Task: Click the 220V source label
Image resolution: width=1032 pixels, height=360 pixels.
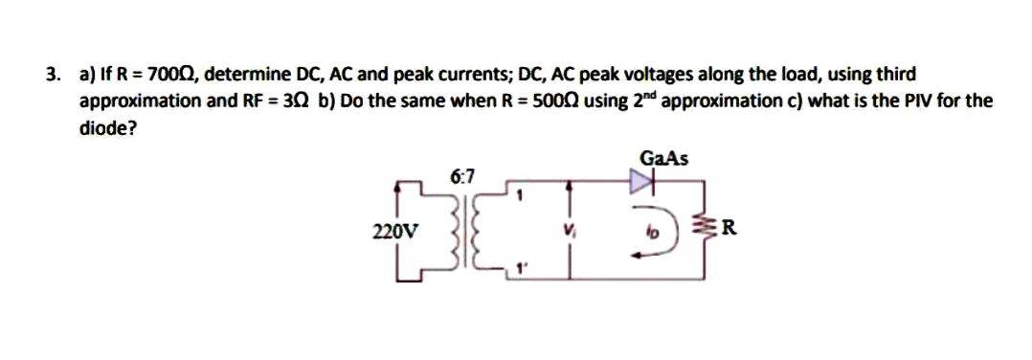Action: click(394, 231)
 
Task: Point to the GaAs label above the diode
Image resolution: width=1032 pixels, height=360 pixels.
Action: click(666, 159)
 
